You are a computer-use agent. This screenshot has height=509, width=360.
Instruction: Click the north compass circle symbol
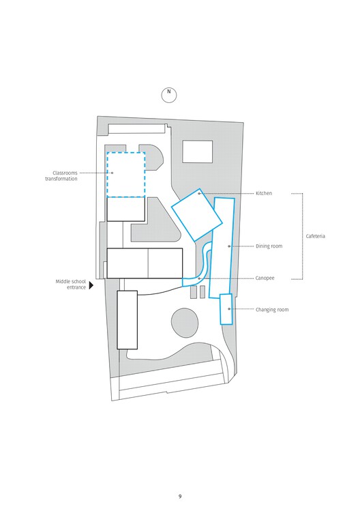169,95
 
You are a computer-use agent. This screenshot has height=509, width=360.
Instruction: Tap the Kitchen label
264,194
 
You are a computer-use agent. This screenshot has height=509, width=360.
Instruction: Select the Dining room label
269,246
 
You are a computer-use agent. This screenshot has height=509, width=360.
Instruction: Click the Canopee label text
265,278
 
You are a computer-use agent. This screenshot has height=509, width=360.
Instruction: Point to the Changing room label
272,310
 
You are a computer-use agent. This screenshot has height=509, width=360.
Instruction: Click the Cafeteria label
316,236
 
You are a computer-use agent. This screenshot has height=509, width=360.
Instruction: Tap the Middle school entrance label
71,285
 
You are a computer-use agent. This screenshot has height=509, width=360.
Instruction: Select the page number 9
180,496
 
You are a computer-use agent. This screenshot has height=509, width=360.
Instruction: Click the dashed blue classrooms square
125,175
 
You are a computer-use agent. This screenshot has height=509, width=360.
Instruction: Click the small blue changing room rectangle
226,308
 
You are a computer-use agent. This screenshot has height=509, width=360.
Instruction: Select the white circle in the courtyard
185,323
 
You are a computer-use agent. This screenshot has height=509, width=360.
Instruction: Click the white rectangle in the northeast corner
197,151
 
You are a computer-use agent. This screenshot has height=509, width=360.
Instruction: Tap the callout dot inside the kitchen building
200,194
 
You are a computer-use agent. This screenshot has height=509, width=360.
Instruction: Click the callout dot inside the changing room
229,309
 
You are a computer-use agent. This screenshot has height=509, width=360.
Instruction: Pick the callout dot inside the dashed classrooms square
112,173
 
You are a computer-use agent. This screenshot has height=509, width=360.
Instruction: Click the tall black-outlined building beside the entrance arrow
127,319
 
